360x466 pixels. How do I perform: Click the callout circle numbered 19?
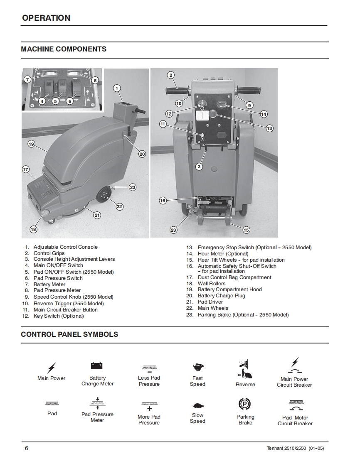31,144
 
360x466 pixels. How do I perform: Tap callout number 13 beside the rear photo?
269,128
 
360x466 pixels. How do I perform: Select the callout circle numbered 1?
117,88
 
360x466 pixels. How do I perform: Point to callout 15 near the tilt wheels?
246,230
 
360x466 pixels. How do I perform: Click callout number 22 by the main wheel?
119,206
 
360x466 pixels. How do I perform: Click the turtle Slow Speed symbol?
197,405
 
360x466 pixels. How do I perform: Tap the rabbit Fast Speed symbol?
197,367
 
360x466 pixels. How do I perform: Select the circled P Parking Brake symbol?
245,404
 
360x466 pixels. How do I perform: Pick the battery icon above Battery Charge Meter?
97,365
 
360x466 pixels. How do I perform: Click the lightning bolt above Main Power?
52,368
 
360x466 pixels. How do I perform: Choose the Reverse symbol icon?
245,369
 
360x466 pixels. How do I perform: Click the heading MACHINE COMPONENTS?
64,49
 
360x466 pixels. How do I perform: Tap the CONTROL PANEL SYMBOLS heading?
69,334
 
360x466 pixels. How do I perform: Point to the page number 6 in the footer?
27,448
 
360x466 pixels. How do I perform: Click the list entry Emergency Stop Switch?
254,248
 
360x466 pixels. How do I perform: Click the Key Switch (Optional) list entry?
59,316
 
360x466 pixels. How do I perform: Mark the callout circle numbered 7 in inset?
27,79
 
